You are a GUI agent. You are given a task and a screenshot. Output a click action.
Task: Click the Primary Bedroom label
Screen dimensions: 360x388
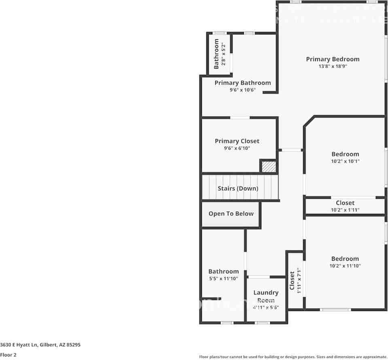332,59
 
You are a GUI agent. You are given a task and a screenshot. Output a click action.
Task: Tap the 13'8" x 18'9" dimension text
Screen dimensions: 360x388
332,66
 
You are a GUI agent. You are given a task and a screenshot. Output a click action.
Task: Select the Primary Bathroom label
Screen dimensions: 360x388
242,83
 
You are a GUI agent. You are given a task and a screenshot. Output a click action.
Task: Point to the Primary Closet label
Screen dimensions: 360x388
237,141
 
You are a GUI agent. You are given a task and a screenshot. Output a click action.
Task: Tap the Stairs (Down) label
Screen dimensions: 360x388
237,188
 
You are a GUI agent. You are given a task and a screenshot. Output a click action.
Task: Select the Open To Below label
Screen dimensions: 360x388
231,213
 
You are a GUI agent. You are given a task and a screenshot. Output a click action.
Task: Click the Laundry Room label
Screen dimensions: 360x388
266,296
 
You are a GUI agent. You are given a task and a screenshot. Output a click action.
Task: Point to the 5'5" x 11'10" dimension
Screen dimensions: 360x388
223,279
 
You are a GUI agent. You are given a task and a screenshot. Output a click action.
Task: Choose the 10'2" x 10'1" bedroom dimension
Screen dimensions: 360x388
345,161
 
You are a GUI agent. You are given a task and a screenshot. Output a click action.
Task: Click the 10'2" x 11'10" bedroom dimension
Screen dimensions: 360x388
345,266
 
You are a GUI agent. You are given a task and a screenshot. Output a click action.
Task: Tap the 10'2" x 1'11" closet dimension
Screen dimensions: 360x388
345,210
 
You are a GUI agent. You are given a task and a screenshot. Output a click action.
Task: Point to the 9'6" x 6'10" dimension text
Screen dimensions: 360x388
237,148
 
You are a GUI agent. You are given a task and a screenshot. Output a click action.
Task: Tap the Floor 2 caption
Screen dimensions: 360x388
8,355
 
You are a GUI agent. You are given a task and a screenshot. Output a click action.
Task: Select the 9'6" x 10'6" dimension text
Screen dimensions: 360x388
242,90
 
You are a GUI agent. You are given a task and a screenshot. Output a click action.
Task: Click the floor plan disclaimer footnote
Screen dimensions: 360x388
293,357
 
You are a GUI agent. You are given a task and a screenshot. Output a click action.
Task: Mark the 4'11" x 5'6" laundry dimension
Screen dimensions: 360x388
266,307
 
